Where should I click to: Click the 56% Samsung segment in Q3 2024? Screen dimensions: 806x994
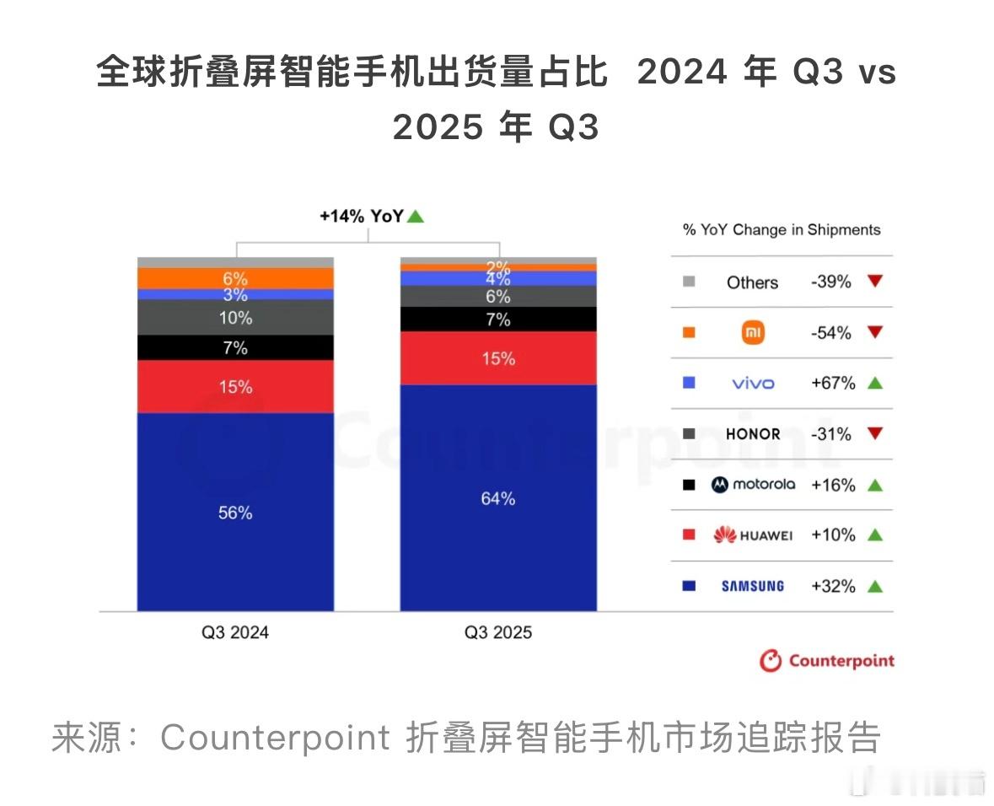coord(235,512)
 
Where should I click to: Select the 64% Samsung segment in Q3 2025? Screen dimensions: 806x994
coord(498,498)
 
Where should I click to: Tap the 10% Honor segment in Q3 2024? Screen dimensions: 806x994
coord(235,318)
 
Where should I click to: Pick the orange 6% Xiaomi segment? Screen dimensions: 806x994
coord(235,278)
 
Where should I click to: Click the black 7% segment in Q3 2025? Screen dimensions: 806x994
coord(498,320)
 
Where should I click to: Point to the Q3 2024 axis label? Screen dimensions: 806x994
coord(235,632)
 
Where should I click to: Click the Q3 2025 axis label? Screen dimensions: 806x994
coord(498,632)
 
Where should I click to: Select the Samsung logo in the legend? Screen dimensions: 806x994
coord(752,586)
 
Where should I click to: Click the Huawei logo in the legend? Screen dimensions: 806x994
coord(752,535)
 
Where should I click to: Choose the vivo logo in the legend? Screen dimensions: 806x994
coord(752,384)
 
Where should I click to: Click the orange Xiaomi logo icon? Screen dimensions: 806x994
coord(752,333)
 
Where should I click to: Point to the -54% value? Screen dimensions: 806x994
coord(831,333)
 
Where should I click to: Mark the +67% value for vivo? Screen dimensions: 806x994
coord(832,384)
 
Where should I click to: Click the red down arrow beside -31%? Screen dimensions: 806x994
coord(874,434)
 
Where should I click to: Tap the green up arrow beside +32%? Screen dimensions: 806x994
coord(874,586)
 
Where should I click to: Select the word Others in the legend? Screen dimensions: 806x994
coord(752,282)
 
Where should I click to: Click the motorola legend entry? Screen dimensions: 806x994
coord(752,485)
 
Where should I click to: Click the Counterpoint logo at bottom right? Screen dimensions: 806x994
coord(826,661)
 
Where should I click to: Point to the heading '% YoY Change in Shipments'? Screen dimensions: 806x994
coord(781,230)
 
